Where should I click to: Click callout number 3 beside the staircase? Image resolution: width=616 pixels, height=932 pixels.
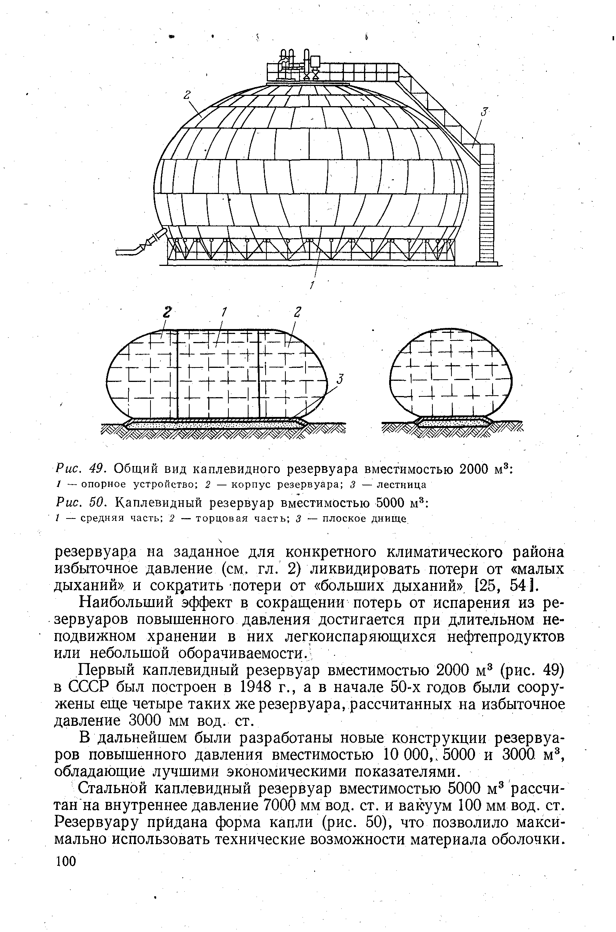pos(485,113)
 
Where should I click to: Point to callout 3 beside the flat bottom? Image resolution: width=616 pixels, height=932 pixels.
pos(340,380)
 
